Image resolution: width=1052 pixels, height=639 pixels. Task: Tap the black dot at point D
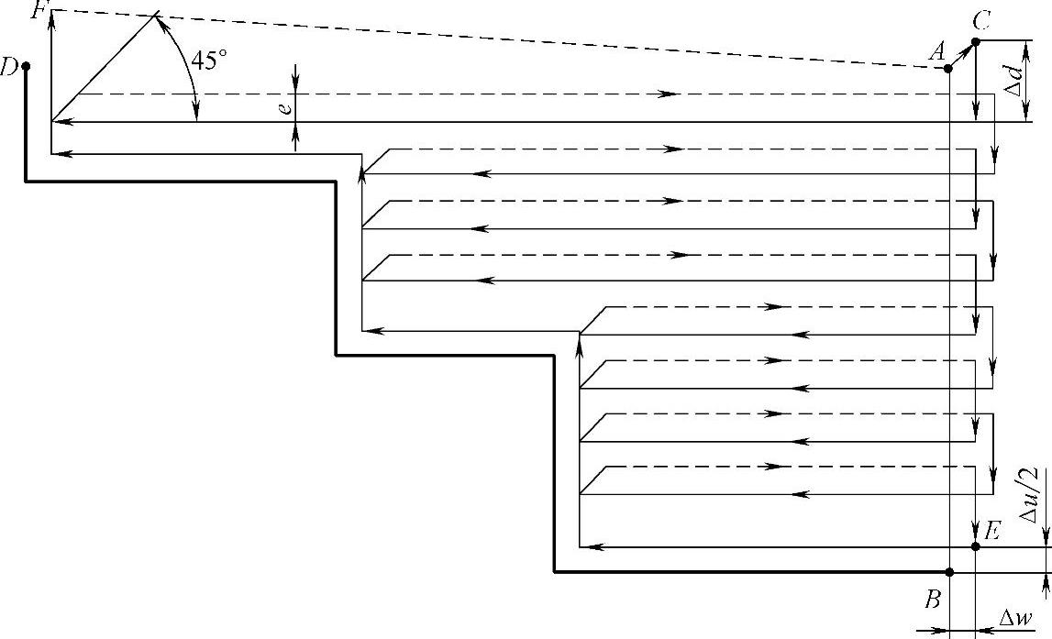click(26, 66)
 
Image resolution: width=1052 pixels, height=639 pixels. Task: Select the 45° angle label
click(208, 61)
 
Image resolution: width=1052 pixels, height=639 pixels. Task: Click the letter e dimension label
click(286, 107)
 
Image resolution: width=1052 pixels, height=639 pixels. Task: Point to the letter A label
click(936, 53)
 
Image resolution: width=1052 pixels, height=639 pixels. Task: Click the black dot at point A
click(948, 68)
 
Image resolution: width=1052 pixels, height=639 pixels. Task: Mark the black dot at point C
click(976, 41)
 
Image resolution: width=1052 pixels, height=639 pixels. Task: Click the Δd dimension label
click(1013, 80)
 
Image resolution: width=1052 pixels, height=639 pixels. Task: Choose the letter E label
click(992, 531)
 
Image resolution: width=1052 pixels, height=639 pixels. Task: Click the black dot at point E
click(976, 546)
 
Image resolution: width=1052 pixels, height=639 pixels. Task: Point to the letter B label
click(933, 600)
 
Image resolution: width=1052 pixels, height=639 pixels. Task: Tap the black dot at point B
click(949, 572)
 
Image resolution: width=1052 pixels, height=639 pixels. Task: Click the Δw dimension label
click(1014, 621)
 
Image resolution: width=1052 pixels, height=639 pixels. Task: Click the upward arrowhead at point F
click(52, 17)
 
